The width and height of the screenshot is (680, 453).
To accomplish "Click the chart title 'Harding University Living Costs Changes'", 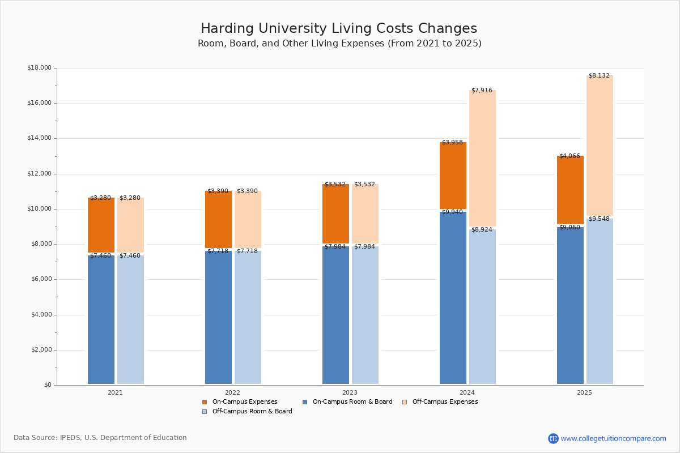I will (x=339, y=29).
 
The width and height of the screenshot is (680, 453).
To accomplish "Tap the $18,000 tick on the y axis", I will (x=39, y=68).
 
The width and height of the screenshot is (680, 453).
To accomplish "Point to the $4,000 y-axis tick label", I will (x=39, y=315).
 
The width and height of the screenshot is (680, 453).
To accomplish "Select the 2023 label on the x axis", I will (x=350, y=392).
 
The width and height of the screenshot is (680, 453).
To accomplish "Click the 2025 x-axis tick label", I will (x=584, y=392).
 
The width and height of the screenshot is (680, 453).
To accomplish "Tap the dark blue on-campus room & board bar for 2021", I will (x=101, y=320).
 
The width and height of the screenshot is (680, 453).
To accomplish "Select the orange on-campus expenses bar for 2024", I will (x=453, y=176).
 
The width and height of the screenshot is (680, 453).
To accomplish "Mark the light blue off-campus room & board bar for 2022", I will (x=248, y=318).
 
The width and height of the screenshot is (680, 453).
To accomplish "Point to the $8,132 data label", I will (x=599, y=76).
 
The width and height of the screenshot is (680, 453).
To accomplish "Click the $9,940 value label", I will (x=452, y=212).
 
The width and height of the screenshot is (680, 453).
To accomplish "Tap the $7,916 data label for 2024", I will (x=482, y=91).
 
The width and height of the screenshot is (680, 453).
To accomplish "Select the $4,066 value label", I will (x=569, y=156).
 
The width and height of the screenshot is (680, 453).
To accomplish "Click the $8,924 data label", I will (x=482, y=230).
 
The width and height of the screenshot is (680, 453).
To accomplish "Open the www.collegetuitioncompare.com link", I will (x=613, y=438).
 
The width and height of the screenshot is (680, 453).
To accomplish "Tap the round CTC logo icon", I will (x=553, y=438).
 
